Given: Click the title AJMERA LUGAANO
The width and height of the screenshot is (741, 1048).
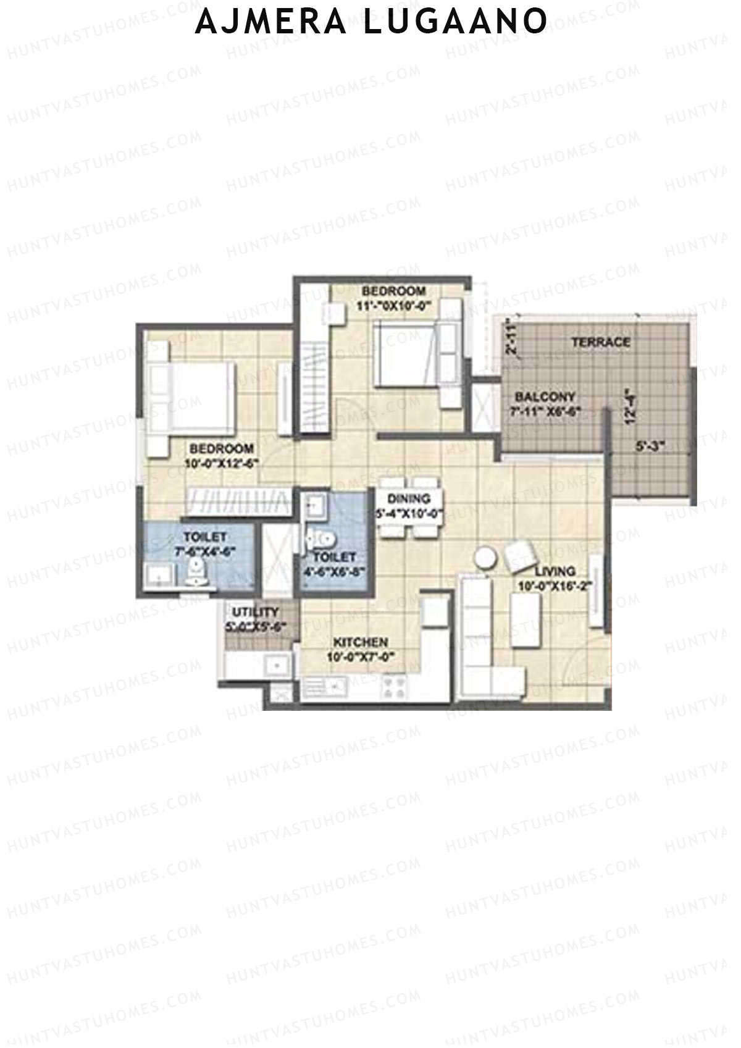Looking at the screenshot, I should (x=371, y=21).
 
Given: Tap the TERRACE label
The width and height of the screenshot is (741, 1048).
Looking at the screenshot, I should (x=600, y=342).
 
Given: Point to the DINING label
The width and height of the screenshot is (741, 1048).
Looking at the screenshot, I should (x=409, y=498).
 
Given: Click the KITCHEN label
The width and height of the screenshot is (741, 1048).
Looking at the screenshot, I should (x=361, y=642).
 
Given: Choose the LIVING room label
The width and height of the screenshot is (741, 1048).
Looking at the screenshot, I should (x=555, y=571).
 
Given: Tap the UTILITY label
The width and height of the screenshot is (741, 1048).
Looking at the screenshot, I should (x=255, y=612).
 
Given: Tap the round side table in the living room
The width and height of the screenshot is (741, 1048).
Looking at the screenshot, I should (x=485, y=558).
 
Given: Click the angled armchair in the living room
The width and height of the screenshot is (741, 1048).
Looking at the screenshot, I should (x=521, y=555).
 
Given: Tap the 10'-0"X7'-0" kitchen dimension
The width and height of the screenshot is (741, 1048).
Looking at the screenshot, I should (x=361, y=656).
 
